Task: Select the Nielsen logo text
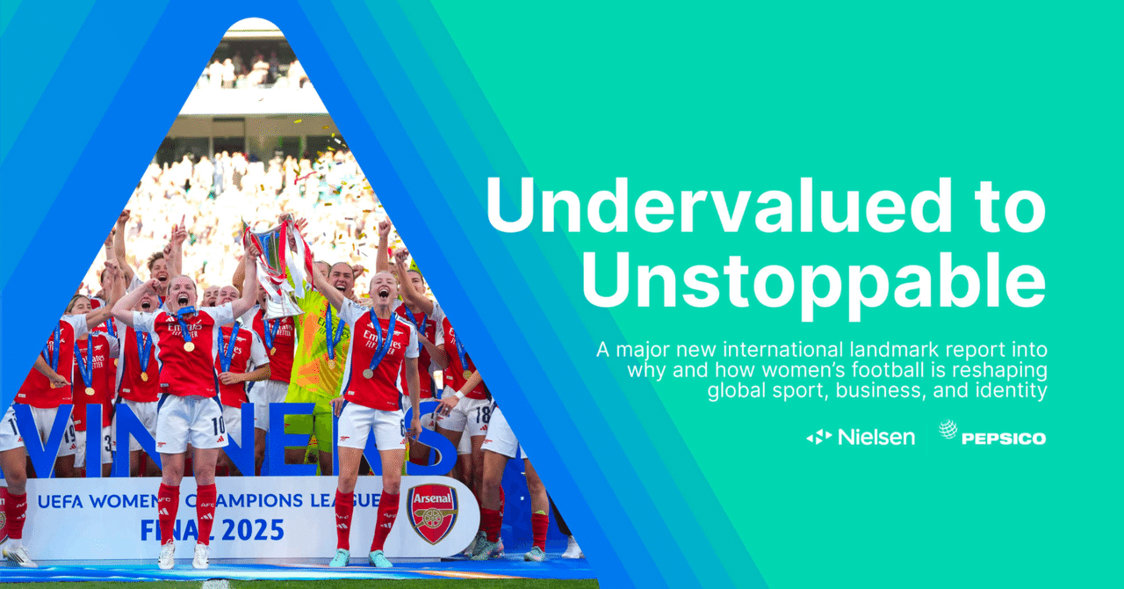[x=876, y=437]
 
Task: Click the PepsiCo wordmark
[x=1004, y=439]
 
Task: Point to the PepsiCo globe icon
[x=947, y=429]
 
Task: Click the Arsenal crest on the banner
[x=433, y=513]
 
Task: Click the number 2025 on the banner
[x=253, y=530]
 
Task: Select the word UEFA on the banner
[x=60, y=501]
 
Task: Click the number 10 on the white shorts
[x=219, y=426]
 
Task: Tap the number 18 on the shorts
[x=482, y=415]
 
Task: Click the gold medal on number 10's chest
[x=189, y=346]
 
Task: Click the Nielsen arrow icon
[x=819, y=437]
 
